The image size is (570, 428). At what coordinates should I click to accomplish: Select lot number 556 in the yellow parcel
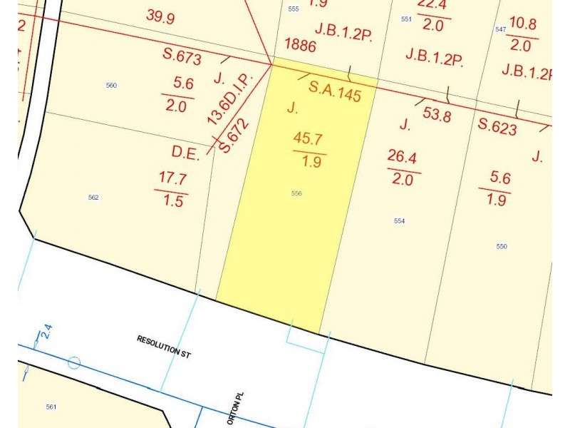[296, 193]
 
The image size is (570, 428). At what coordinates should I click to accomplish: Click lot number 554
[399, 221]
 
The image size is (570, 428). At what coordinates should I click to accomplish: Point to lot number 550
[501, 246]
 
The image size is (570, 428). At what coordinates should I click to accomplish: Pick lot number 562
[93, 198]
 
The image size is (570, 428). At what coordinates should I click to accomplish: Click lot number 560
[111, 86]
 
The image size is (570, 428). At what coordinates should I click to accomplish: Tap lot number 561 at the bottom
[51, 407]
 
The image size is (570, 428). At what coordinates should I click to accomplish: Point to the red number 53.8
[437, 114]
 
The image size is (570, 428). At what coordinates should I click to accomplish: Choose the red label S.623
[497, 127]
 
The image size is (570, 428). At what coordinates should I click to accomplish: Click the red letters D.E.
[185, 153]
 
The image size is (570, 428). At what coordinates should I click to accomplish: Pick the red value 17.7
[173, 178]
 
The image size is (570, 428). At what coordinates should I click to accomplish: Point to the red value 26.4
[403, 156]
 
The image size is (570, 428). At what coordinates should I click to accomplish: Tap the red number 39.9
[160, 16]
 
